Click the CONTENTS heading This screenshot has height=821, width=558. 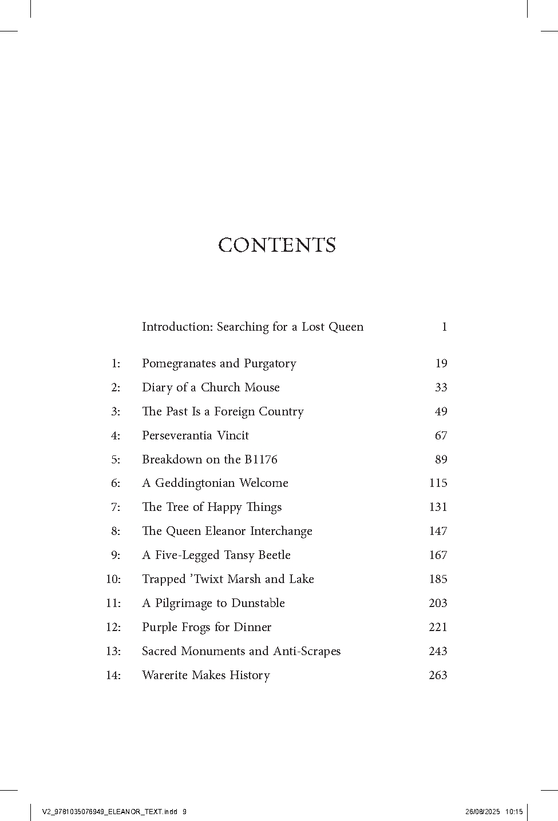click(277, 245)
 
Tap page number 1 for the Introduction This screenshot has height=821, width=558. click(444, 327)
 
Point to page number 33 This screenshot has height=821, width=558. click(441, 387)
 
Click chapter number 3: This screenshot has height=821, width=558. click(116, 411)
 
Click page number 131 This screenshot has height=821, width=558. click(438, 507)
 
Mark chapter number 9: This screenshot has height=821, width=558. click(116, 555)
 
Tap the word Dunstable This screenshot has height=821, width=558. click(258, 603)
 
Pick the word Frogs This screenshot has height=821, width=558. click(208, 627)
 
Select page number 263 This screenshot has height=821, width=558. click(438, 675)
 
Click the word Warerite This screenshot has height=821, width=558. click(165, 675)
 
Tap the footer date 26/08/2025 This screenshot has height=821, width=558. click(482, 811)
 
